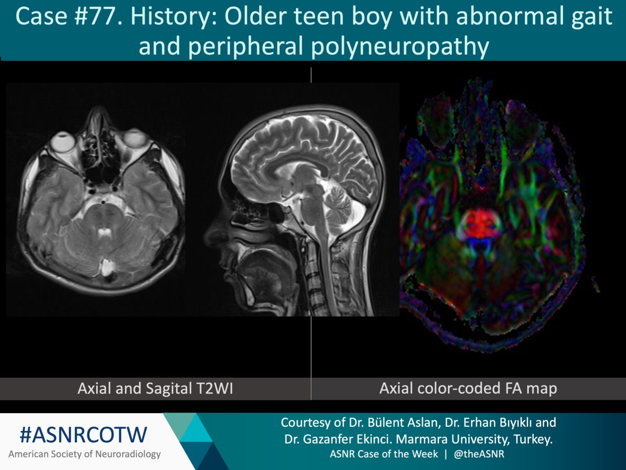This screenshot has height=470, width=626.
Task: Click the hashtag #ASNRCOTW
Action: click(84, 435)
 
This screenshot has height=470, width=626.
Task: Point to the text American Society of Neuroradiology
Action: click(84, 454)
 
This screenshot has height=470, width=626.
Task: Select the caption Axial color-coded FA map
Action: click(468, 388)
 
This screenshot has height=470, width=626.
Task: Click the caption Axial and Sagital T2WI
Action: click(155, 388)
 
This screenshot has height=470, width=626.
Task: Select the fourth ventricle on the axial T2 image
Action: click(105, 233)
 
